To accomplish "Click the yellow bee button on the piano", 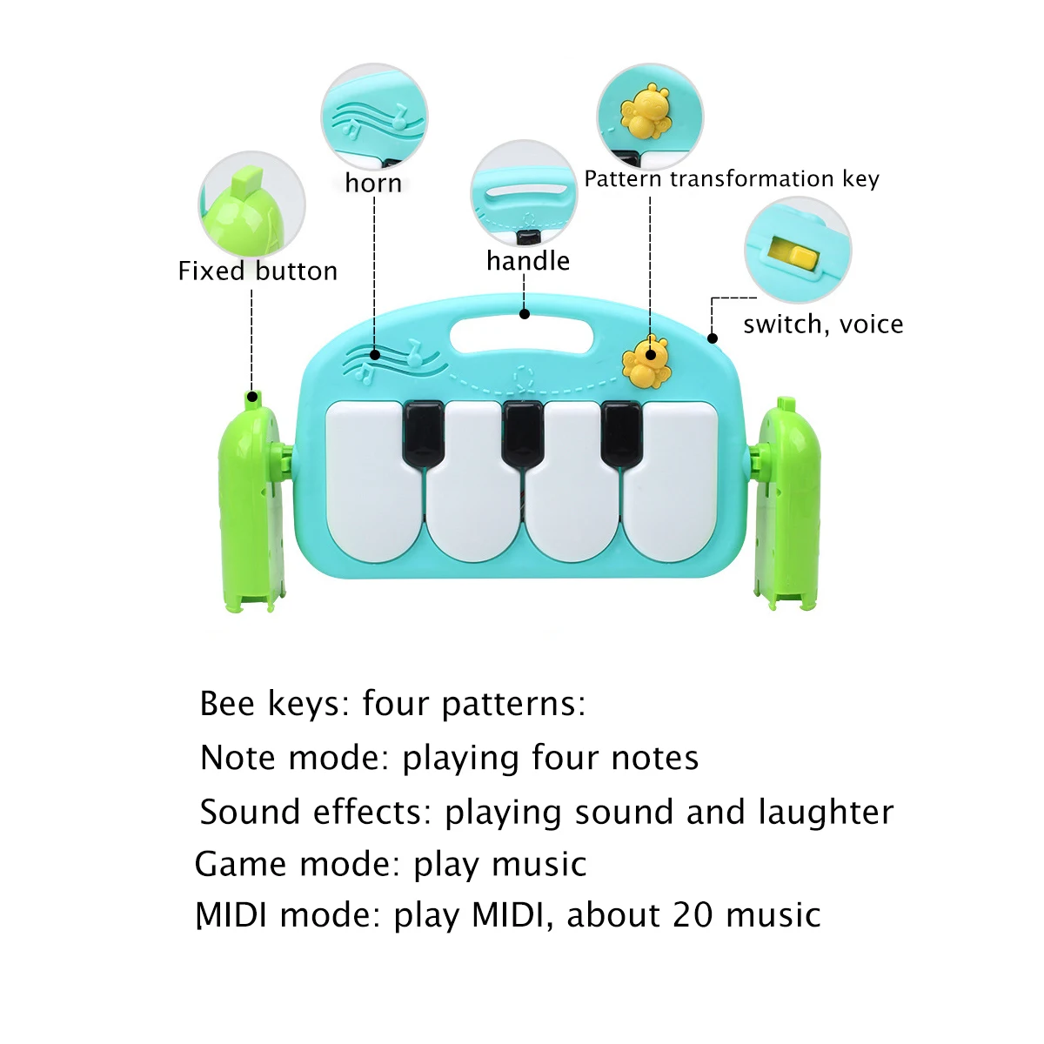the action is (646, 361).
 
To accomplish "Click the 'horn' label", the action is (373, 184).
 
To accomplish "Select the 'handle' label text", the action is (528, 261).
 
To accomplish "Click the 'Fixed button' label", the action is (258, 271).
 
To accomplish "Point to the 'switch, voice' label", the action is (823, 325).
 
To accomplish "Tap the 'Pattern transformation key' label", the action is (732, 179).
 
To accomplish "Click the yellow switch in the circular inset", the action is (793, 254).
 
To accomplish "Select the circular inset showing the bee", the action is (649, 115).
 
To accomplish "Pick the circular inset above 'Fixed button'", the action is (251, 205).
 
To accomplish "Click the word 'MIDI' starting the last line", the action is (231, 915).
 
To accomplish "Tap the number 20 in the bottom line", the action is (693, 915).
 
